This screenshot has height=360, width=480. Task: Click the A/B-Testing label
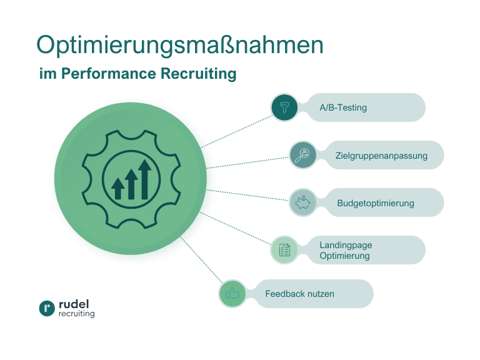click(343, 107)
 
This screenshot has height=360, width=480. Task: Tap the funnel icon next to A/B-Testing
click(285, 107)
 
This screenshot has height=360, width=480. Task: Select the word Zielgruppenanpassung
click(381, 156)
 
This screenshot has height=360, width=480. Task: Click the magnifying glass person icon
click(303, 154)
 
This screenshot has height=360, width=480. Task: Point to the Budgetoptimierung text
click(375, 203)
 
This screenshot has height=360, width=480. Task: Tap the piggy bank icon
click(303, 202)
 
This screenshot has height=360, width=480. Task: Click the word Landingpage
click(346, 245)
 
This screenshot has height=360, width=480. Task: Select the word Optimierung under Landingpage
click(344, 256)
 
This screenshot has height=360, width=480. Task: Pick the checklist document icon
click(284, 250)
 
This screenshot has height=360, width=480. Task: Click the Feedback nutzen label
click(299, 294)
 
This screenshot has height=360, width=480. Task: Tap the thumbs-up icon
click(232, 294)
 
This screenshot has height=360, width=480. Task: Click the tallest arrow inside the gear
click(145, 179)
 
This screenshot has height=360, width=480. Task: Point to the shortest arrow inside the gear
click(117, 188)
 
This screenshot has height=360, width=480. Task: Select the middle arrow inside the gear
click(131, 184)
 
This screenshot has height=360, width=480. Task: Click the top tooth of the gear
click(131, 135)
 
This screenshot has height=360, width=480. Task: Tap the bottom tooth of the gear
click(131, 223)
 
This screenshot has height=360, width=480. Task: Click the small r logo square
click(47, 309)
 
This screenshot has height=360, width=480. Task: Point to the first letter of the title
click(46, 44)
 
